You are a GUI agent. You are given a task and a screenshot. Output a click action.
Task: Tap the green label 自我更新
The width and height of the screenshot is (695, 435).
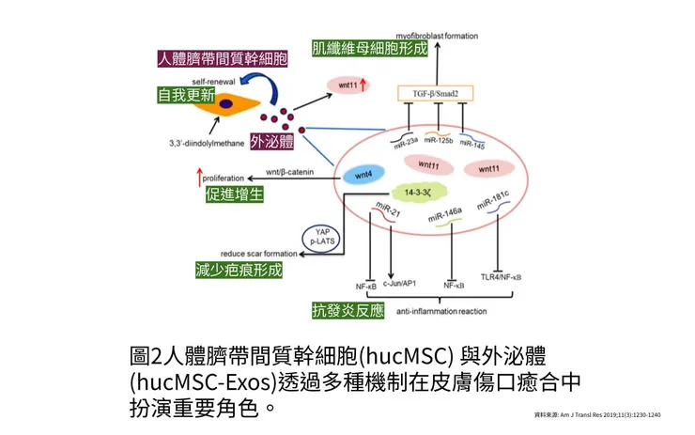[183, 96]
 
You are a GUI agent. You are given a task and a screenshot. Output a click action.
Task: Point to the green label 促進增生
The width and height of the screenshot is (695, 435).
[234, 194]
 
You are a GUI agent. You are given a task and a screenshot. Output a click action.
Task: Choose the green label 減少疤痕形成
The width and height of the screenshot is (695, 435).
[234, 271]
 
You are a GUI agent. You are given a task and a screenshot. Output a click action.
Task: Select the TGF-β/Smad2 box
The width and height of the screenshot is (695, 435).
[435, 93]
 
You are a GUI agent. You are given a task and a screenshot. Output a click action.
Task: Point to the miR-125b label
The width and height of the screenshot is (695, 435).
[439, 140]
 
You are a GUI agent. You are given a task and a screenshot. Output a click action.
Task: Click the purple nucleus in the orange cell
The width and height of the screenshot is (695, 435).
[225, 104]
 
